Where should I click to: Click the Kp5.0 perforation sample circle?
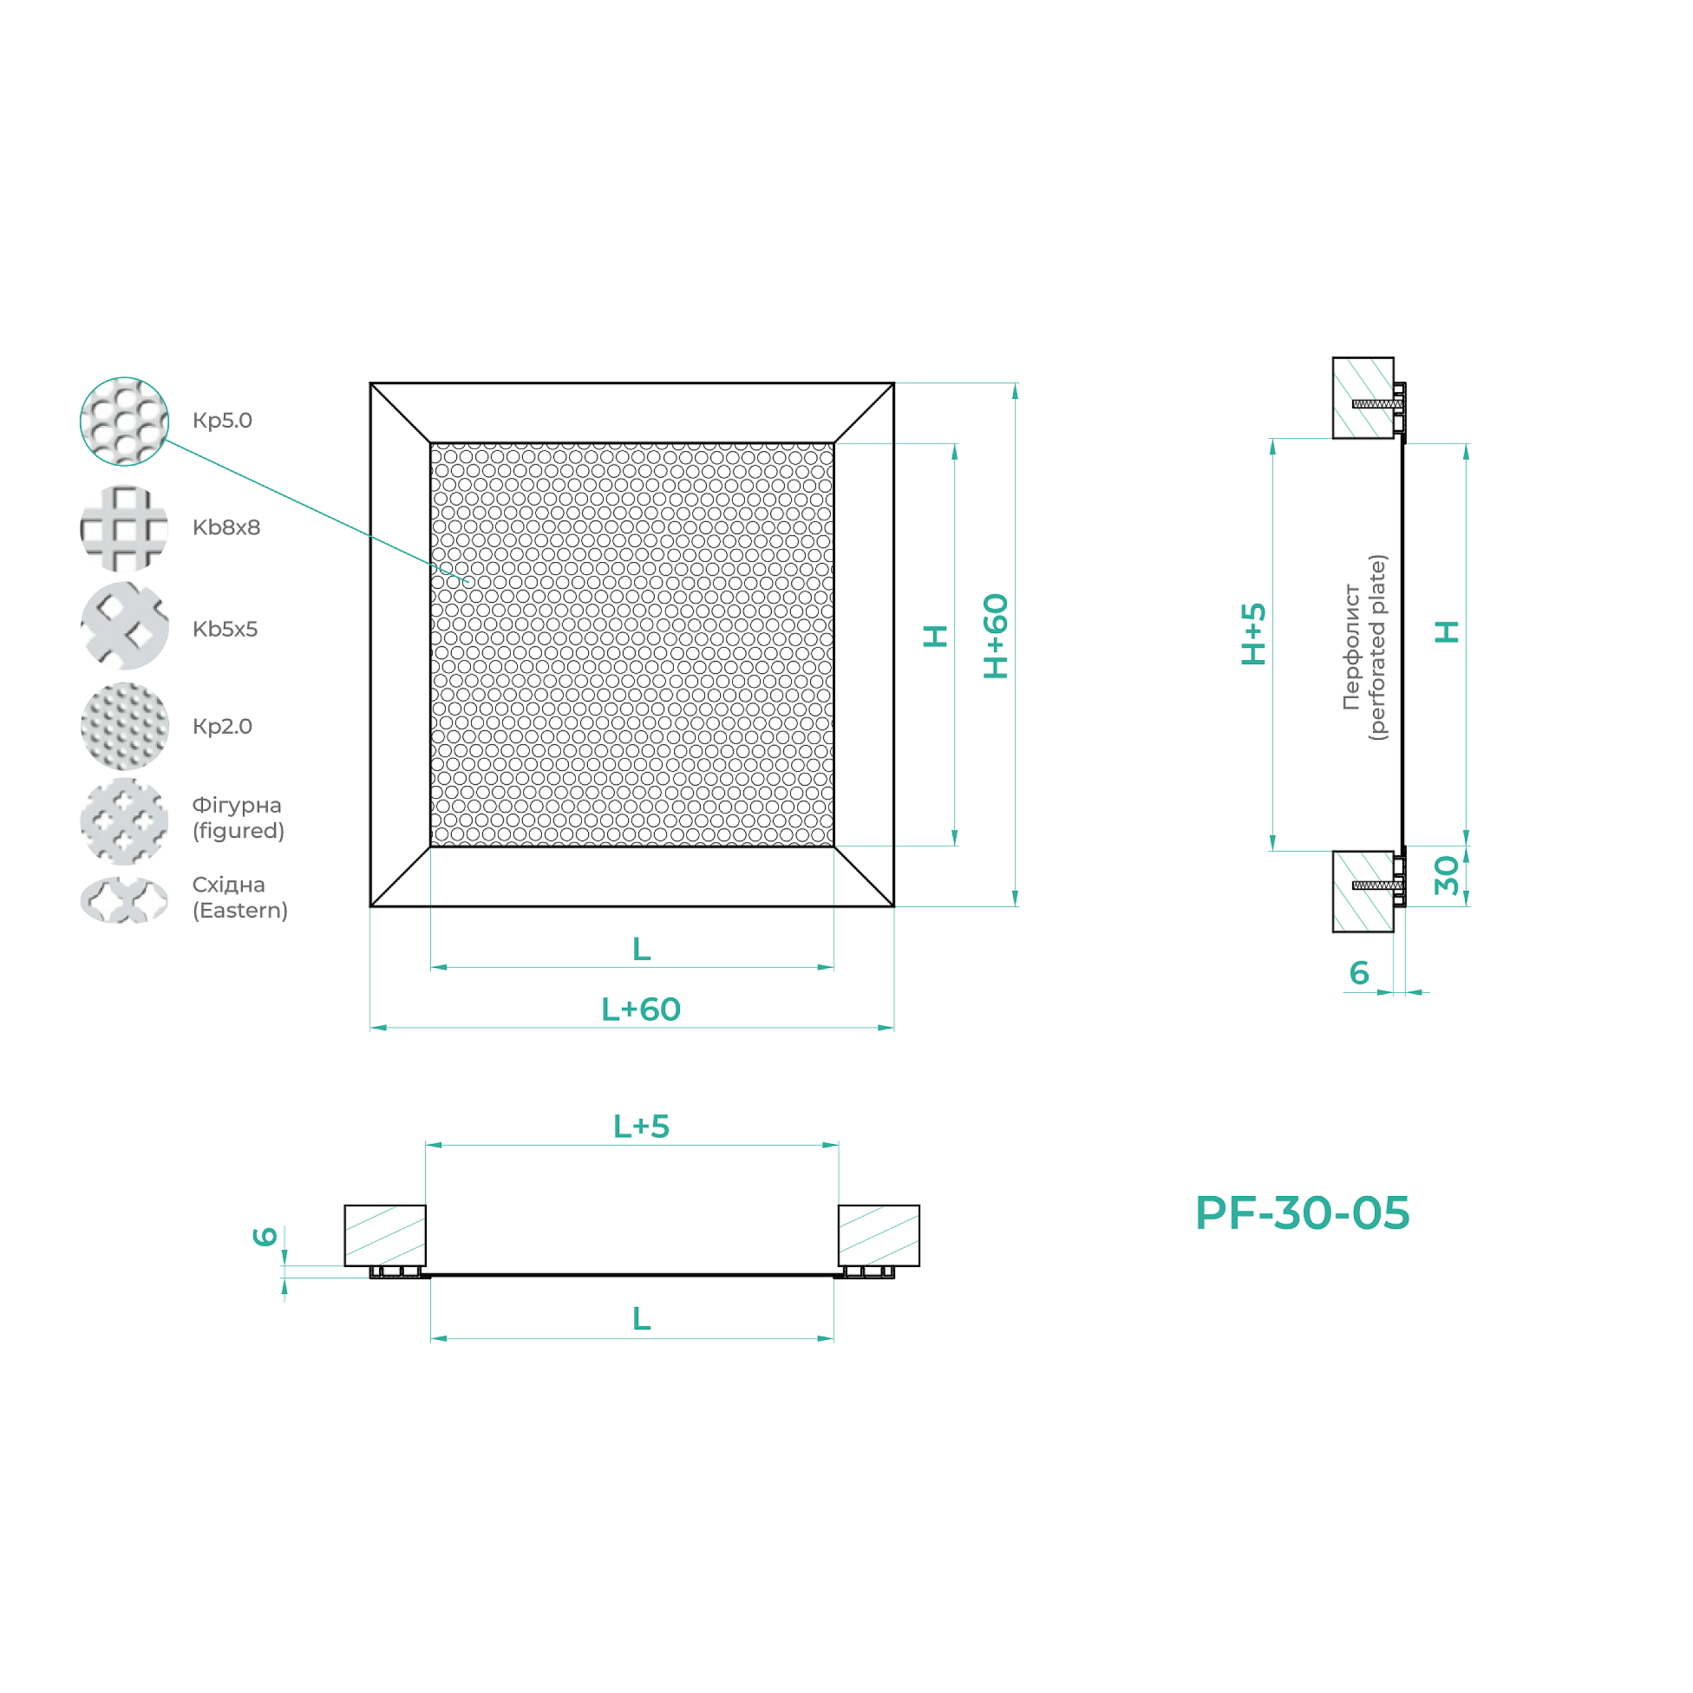point(123,421)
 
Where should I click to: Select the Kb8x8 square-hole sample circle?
point(123,528)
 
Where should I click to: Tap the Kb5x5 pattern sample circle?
point(123,626)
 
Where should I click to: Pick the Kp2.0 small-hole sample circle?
point(123,726)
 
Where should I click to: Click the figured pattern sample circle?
point(123,821)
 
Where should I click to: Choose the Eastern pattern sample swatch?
point(123,900)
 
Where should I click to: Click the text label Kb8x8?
point(226,527)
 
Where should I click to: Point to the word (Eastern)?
point(240,911)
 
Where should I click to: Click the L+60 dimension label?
point(641,1010)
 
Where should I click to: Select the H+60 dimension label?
point(996,637)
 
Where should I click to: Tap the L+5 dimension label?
point(641,1126)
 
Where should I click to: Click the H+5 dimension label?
point(1254,633)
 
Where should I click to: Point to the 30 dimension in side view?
point(1447,875)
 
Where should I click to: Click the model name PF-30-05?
point(1302,1213)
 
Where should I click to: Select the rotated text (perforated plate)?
point(1378,648)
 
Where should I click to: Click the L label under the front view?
point(642,949)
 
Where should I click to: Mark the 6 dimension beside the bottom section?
point(265,1237)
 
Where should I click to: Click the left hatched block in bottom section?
point(385,1235)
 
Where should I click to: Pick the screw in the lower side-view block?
point(1376,885)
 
